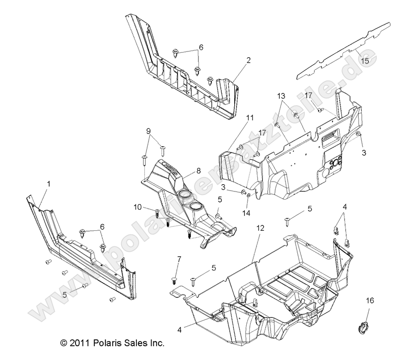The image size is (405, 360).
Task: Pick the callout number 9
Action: pyautogui.click(x=148, y=131)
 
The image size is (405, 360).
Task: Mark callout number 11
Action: pyautogui.click(x=249, y=118)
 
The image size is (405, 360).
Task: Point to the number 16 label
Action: pyautogui.click(x=370, y=300)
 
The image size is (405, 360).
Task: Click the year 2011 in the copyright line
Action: pyautogui.click(x=80, y=344)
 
